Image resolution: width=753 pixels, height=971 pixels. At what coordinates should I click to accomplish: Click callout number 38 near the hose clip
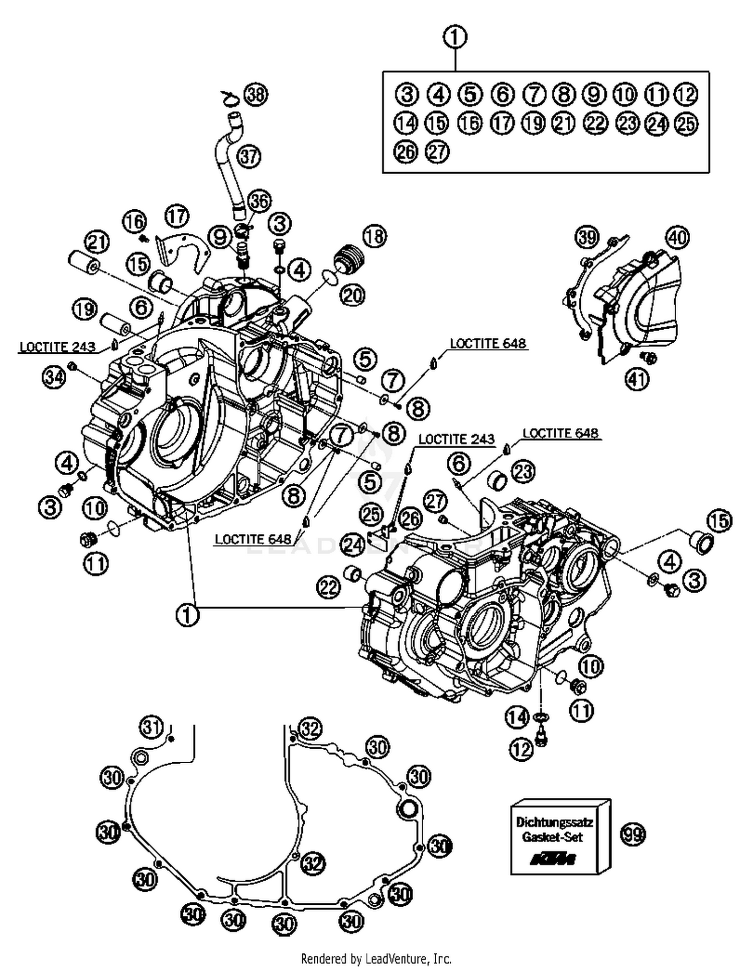(x=256, y=94)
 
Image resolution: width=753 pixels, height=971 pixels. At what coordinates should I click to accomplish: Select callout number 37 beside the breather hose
(x=248, y=156)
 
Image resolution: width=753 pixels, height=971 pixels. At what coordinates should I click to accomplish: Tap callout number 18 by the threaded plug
(x=374, y=236)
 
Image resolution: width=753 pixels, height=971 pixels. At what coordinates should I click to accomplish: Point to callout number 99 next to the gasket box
(x=633, y=835)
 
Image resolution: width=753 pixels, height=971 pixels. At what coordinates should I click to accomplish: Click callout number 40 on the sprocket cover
(x=677, y=237)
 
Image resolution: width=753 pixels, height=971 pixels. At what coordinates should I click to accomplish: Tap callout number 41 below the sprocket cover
(x=637, y=379)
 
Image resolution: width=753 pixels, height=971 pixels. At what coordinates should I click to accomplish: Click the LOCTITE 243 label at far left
(x=57, y=347)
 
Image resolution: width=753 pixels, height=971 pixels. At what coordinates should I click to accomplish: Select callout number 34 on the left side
(x=54, y=376)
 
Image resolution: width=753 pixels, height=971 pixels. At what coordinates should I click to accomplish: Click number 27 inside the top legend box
(x=437, y=151)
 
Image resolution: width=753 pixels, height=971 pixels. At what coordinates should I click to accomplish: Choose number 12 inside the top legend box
(x=686, y=94)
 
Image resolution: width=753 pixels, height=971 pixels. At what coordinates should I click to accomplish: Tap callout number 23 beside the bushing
(x=523, y=472)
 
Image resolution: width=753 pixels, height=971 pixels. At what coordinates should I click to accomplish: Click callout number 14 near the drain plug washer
(x=517, y=717)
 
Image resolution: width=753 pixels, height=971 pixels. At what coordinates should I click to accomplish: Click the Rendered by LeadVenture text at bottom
(x=376, y=959)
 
